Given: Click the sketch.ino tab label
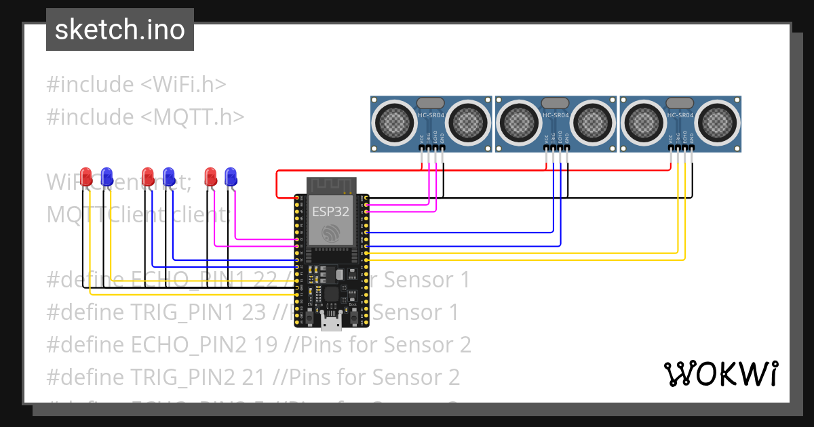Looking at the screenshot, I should tap(120, 30).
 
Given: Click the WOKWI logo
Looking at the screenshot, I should tap(720, 373).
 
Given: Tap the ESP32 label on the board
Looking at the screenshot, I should tap(330, 211).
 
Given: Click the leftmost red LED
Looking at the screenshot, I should tap(86, 176).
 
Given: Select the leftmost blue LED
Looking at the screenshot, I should tap(106, 176).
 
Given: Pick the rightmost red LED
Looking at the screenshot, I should tap(211, 176).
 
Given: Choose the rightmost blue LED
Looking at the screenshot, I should tap(231, 176).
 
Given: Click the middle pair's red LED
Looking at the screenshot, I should tap(149, 176).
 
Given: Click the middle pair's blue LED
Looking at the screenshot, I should tap(169, 176).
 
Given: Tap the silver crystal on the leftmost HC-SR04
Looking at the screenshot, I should tap(430, 102).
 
